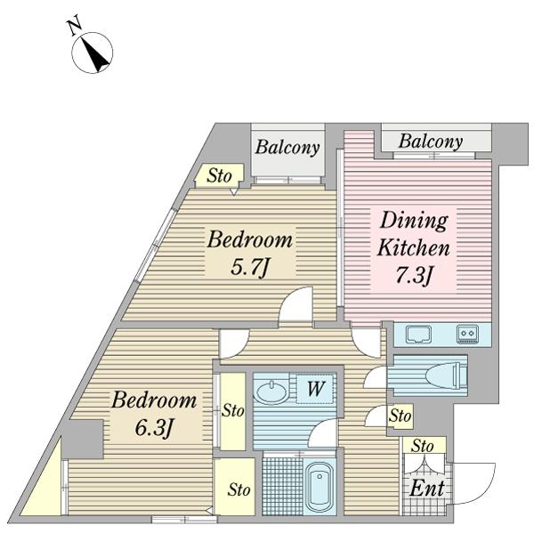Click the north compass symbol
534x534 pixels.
(x=92, y=53)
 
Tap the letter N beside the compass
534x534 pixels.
(x=75, y=27)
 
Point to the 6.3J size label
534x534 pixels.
(x=154, y=428)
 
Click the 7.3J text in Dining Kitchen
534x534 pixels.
(x=415, y=275)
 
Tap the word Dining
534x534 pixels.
(x=414, y=222)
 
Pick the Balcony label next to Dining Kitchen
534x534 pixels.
(x=431, y=142)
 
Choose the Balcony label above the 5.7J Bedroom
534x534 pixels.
(x=287, y=148)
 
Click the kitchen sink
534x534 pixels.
(x=418, y=335)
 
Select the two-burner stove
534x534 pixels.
(x=468, y=334)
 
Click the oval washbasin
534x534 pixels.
(x=271, y=392)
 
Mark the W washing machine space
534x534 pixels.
(x=315, y=389)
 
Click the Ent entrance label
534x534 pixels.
(x=427, y=489)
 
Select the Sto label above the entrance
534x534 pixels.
(x=423, y=446)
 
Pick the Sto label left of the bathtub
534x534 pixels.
(x=239, y=490)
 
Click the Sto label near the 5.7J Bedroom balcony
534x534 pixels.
(x=219, y=175)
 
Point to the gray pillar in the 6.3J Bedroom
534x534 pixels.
(x=83, y=440)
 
